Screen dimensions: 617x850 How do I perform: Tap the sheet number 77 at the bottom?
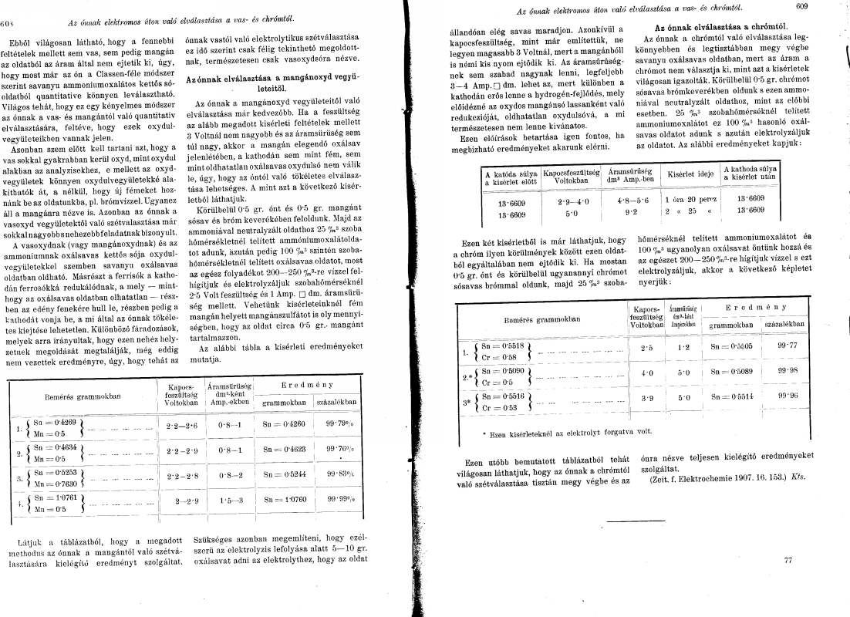[x=788, y=561]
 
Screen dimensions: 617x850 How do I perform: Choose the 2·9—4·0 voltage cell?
[x=569, y=199]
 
